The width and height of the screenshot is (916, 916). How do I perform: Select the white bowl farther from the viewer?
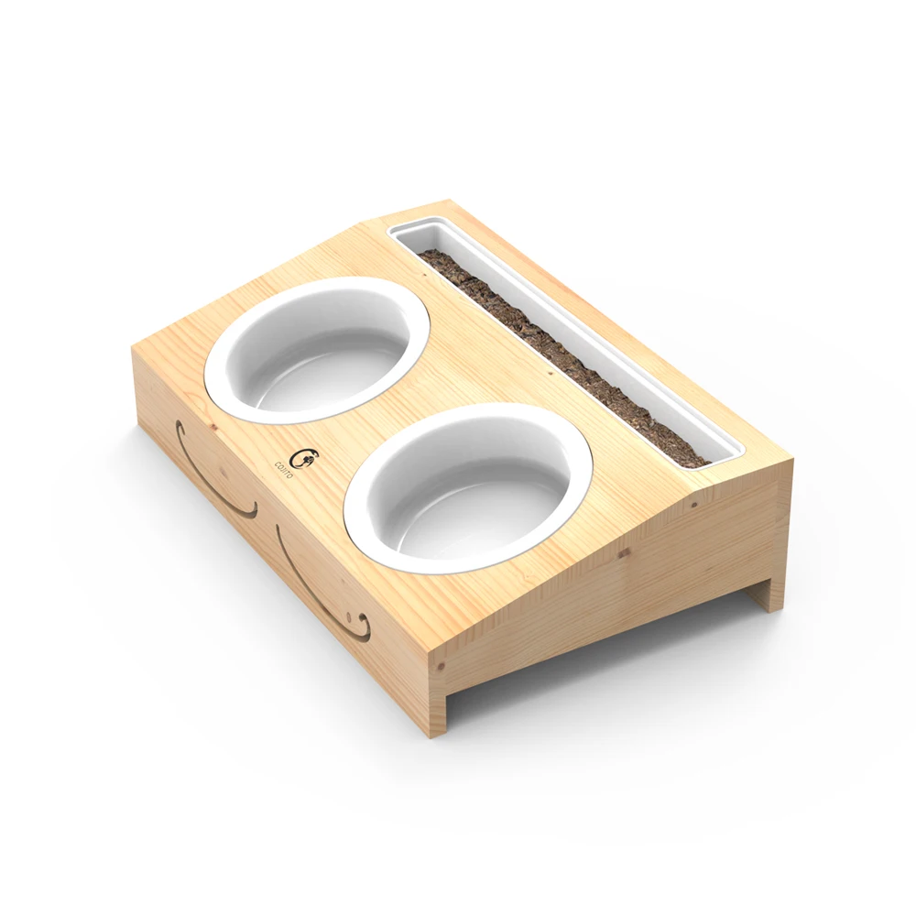pos(318,349)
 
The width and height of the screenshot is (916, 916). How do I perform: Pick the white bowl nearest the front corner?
pos(468,487)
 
